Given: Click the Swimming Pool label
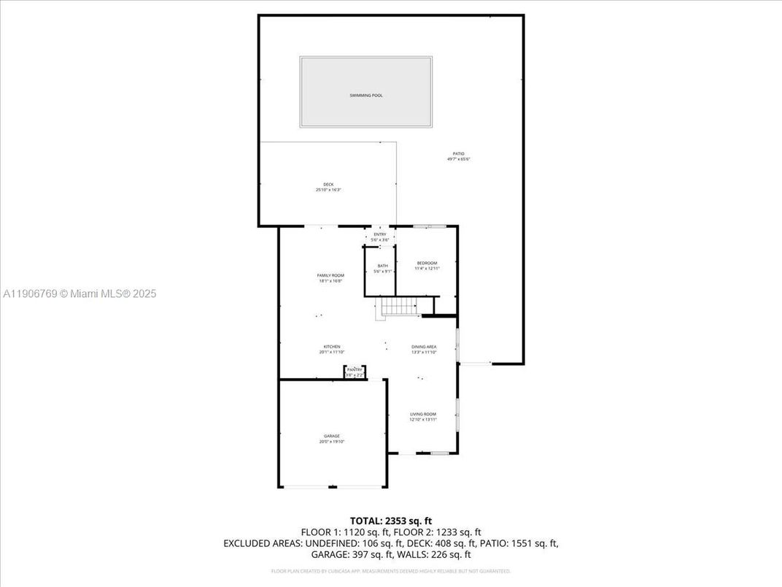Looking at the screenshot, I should coord(365,96).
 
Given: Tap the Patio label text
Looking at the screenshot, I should coord(458,153).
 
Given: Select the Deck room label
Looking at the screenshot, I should coord(328,184).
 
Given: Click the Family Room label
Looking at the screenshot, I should coord(330,275).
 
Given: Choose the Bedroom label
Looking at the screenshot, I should coord(427,263).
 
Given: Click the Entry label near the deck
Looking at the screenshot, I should coord(380,234).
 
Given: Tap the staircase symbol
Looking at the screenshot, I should coord(398,307).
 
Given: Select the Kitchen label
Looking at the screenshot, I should coord(332,347).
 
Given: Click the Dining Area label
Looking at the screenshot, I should coord(424,347).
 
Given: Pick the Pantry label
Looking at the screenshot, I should coord(355,370).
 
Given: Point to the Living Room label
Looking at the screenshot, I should coord(423,414).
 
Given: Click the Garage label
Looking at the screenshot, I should coord(332,436).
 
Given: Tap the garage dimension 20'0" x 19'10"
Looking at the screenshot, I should coord(332,442).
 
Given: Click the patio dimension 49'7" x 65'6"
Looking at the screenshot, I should coord(458,158).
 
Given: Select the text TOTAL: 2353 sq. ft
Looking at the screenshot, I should coord(390,521).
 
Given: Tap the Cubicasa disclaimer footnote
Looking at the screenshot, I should coord(390,571).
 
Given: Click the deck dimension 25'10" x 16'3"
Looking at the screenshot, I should coord(328,190).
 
